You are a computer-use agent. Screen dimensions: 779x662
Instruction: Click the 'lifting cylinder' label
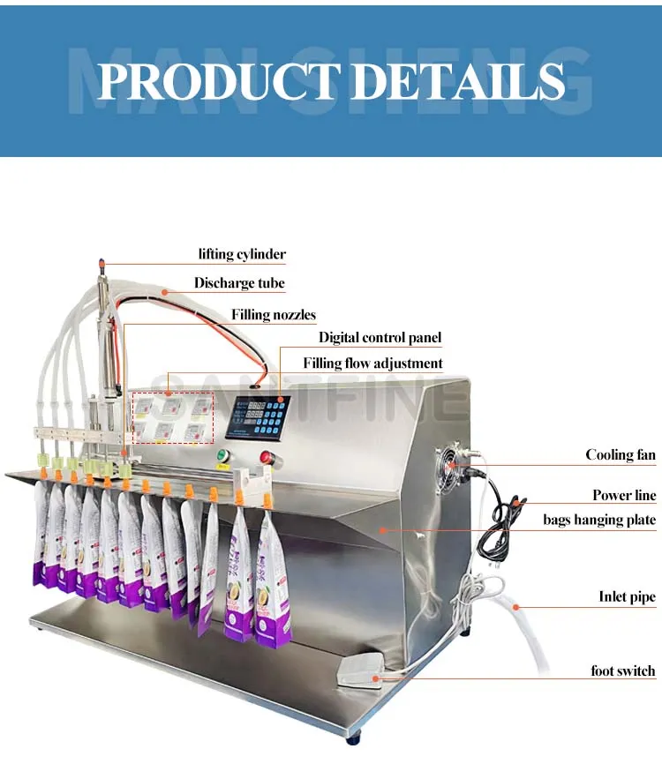pos(241,254)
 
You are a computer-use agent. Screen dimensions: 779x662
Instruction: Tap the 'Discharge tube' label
pos(239,283)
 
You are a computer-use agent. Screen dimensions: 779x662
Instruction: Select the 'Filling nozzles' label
pos(274,314)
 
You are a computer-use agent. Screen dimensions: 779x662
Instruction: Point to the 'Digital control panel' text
pos(380,337)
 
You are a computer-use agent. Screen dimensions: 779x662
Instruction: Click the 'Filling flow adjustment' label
pos(372,363)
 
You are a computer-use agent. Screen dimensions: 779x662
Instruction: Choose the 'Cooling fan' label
pos(621,455)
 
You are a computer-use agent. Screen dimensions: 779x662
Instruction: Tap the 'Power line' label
pos(624,495)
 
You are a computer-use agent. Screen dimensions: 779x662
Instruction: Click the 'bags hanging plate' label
pos(599,520)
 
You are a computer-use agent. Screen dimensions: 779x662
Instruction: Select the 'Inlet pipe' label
pos(627,597)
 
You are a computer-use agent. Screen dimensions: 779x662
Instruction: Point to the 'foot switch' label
pos(623,671)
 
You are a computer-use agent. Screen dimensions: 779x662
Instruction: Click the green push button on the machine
pos(223,456)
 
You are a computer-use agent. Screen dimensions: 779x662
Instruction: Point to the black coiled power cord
pos(494,529)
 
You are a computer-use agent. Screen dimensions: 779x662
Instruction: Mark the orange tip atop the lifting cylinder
pos(103,263)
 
